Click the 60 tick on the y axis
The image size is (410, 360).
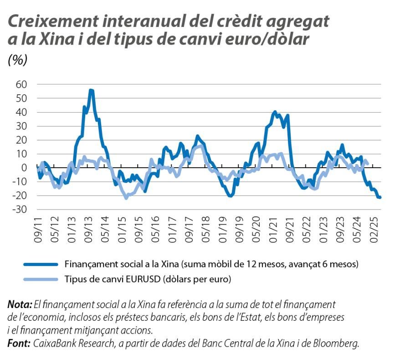21,84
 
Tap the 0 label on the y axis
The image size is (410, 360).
25,168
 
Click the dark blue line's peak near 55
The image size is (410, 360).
91,90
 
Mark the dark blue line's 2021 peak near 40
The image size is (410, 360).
275,112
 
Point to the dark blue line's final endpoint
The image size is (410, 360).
380,197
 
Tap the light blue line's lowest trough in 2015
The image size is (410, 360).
126,198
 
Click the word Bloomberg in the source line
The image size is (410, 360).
337,344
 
